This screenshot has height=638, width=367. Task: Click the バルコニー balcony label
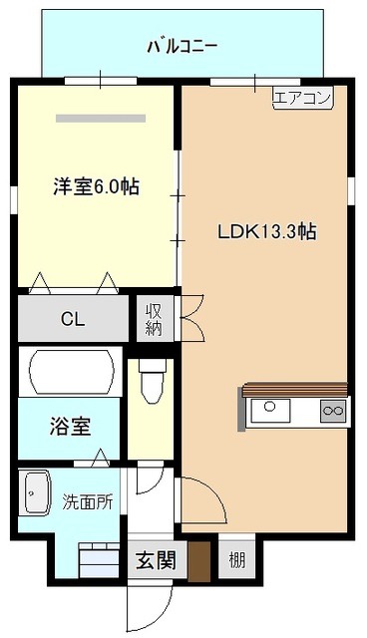(182, 47)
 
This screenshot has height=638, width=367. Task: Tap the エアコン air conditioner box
(303, 98)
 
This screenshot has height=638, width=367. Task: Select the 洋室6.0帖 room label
(97, 186)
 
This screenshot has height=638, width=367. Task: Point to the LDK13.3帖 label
(267, 232)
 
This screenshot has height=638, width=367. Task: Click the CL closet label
(73, 319)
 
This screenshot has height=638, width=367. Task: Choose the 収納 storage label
(155, 319)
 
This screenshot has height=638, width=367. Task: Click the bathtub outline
(71, 371)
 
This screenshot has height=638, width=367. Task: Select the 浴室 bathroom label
(70, 426)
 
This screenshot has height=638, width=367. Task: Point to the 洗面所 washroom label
(88, 502)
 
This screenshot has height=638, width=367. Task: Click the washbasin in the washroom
(38, 493)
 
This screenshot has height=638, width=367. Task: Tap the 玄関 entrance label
(157, 560)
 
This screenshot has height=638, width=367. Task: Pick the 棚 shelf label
(236, 560)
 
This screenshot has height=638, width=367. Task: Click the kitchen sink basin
(270, 411)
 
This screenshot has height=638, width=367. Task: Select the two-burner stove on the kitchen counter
(333, 411)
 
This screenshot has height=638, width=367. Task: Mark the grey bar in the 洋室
(101, 119)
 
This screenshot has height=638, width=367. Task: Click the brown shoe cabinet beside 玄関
(199, 561)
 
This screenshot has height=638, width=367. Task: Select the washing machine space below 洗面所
(99, 559)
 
